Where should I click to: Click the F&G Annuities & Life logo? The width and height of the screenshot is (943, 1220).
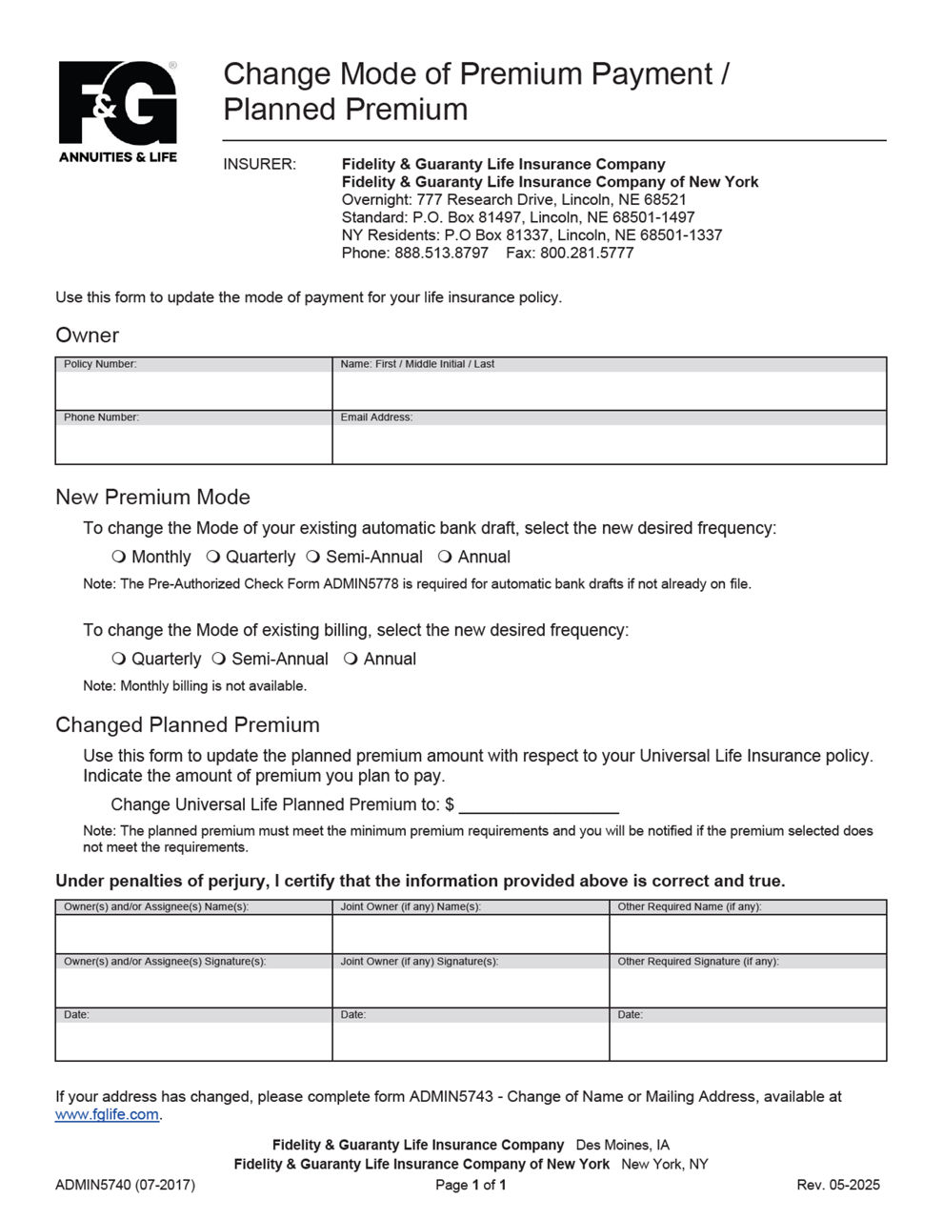[x=118, y=111]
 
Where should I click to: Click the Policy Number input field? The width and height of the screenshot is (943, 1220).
[x=193, y=390]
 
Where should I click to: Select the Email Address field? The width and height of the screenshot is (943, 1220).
[x=609, y=443]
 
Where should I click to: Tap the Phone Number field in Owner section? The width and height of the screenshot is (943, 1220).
[x=193, y=443]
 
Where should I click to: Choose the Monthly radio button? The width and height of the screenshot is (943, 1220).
[x=119, y=557]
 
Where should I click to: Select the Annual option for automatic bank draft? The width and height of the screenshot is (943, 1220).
[x=445, y=557]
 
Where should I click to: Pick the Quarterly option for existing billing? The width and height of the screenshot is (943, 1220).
[x=119, y=659]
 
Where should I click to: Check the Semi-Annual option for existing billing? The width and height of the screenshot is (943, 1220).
[x=219, y=659]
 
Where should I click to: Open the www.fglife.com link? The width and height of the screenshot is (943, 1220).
[x=107, y=1115]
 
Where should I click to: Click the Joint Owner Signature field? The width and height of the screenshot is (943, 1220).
[x=471, y=986]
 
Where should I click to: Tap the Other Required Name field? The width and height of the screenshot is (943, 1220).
[x=748, y=933]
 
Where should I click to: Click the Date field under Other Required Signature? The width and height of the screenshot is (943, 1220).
[x=748, y=1040]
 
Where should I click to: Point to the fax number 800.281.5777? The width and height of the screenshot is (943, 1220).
[x=587, y=253]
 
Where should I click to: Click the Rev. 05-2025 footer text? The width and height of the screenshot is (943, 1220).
[x=838, y=1185]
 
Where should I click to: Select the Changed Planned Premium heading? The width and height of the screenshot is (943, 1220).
[x=188, y=724]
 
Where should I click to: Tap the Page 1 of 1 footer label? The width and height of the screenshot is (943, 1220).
[x=471, y=1185]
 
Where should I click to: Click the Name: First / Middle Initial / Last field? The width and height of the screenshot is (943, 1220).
[x=609, y=390]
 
